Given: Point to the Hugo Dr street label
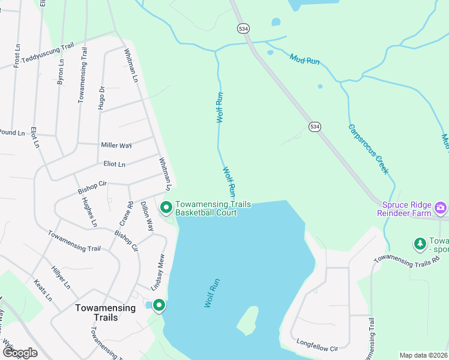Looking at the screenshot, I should tap(101, 97).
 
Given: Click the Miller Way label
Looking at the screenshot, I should tap(116, 145).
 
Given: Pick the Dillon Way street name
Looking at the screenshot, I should tap(147, 216).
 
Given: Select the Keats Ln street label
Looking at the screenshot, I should tap(43, 290).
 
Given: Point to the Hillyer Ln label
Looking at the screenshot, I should tap(61, 277).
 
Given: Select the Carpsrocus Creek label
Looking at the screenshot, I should tap(367, 149).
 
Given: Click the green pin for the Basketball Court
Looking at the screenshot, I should tap(166, 208).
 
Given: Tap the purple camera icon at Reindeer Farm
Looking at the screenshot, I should tap(441, 208).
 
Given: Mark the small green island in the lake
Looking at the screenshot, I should tap(247, 320).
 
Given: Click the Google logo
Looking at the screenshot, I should tap(19, 353).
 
